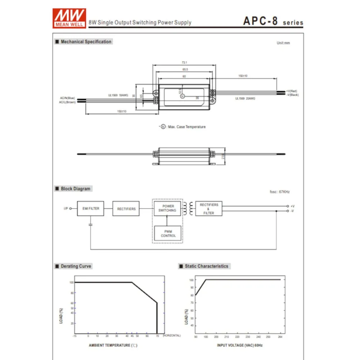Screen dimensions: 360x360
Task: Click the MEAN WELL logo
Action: (69, 17)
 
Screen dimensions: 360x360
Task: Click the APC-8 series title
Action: (273, 21)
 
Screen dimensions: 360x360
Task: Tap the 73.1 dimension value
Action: (184, 63)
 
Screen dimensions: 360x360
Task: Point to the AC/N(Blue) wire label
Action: (67, 98)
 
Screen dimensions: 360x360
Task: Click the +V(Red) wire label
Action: (292, 91)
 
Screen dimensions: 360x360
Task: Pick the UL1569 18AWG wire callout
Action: (118, 95)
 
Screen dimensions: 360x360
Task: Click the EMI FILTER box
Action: (90, 208)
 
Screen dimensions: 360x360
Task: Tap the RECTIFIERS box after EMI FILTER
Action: (126, 209)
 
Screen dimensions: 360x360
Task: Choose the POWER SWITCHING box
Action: (167, 208)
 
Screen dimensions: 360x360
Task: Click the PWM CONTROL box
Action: (168, 234)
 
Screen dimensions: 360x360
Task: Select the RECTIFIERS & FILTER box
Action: (209, 209)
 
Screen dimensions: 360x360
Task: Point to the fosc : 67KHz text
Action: (279, 192)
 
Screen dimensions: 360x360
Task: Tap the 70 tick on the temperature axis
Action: (157, 336)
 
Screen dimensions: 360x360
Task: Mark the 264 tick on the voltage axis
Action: (280, 337)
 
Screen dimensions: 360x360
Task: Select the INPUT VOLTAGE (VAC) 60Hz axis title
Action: (240, 345)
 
